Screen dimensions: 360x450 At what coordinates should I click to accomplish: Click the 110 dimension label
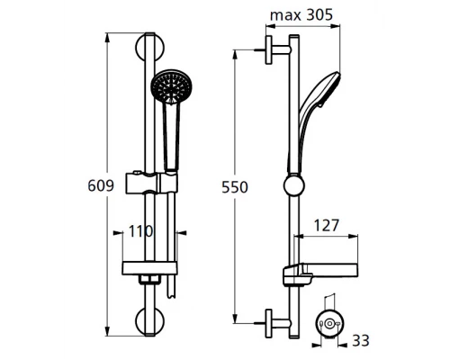click(x=139, y=231)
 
